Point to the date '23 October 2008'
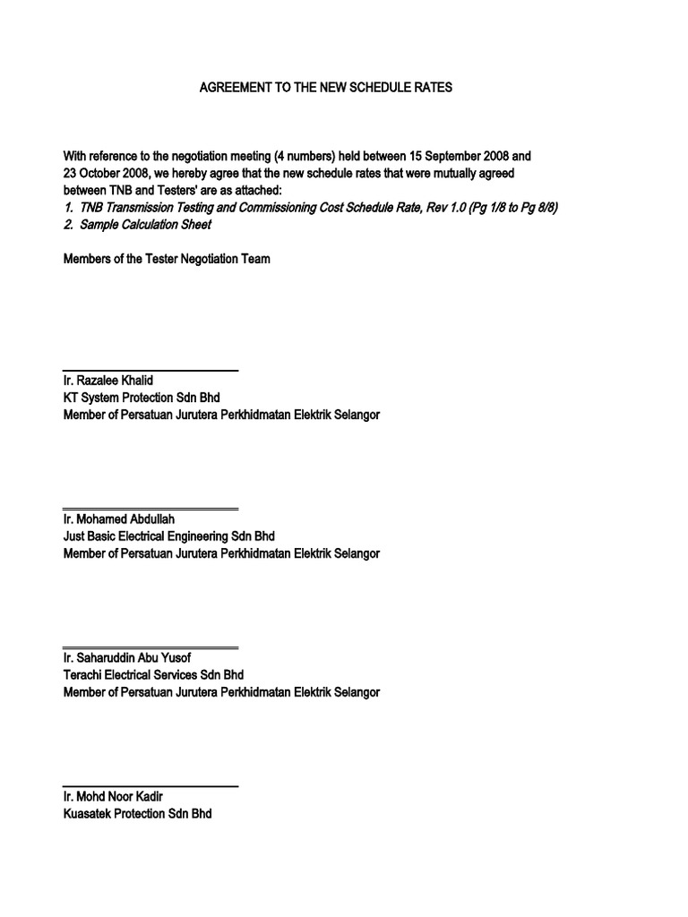[106, 173]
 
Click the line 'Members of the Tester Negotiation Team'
[167, 260]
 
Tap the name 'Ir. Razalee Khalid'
[108, 381]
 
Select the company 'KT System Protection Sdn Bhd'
[142, 398]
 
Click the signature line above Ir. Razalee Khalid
[150, 370]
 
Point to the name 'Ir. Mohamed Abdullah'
[119, 519]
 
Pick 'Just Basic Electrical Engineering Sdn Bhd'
[169, 536]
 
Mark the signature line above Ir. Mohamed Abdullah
[150, 509]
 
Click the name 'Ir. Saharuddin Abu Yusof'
[127, 658]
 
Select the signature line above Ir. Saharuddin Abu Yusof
[150, 647]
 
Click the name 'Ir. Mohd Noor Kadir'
[114, 797]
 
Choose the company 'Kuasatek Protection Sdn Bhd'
[138, 814]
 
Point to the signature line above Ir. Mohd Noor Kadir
[150, 786]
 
